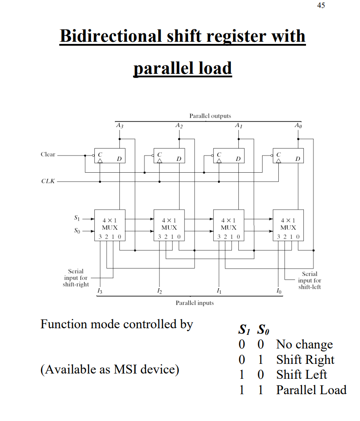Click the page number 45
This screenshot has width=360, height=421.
(321, 6)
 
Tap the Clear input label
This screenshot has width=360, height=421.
(48, 154)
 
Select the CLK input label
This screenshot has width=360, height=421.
(48, 181)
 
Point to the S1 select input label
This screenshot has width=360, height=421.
(77, 218)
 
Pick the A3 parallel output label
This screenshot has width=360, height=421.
(119, 126)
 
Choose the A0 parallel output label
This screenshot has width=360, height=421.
(298, 126)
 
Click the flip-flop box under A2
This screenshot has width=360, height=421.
(169, 156)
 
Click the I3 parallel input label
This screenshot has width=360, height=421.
(100, 291)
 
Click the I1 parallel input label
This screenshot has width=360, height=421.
(219, 291)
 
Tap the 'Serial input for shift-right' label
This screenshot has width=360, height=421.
(76, 278)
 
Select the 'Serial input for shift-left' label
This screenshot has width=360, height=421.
(310, 280)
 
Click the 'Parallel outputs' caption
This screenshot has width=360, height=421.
(210, 116)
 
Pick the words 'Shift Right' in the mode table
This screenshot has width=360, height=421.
(305, 359)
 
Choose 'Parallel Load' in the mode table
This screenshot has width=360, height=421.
(311, 390)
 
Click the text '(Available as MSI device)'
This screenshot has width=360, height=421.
(110, 369)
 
